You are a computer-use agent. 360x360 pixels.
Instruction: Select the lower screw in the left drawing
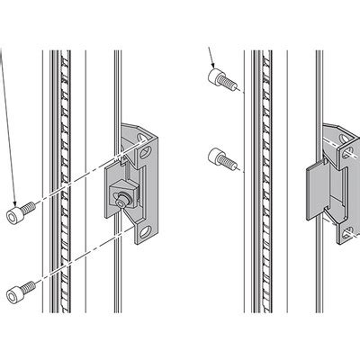tap(21, 290)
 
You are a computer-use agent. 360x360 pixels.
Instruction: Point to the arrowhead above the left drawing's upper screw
tap(15, 200)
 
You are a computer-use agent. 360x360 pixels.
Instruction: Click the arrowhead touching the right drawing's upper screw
tap(213, 69)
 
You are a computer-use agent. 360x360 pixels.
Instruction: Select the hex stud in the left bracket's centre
tap(120, 197)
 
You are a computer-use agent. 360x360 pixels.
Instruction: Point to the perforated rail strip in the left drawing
tap(60, 180)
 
